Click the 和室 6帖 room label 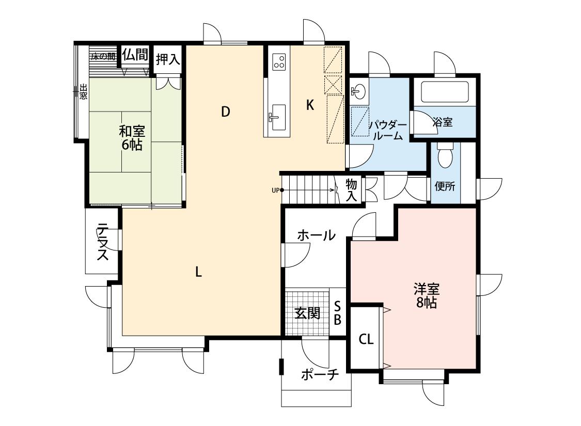pos(132,138)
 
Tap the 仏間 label pos(135,54)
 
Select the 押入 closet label pos(168,59)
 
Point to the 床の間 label pos(103,57)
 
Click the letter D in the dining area pos(226,112)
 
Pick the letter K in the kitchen pos(310,105)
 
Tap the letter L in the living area pos(199,273)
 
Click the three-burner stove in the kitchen pos(279,62)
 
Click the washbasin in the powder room pos(359,90)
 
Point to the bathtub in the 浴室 pos(445,91)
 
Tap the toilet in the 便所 pos(444,155)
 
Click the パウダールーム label pos(387,130)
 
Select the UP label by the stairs pos(275,191)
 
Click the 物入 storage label pos(351,190)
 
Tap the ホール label pos(316,235)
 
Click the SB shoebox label pos(338,312)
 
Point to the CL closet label pos(366,339)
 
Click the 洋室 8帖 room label pos(427,295)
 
